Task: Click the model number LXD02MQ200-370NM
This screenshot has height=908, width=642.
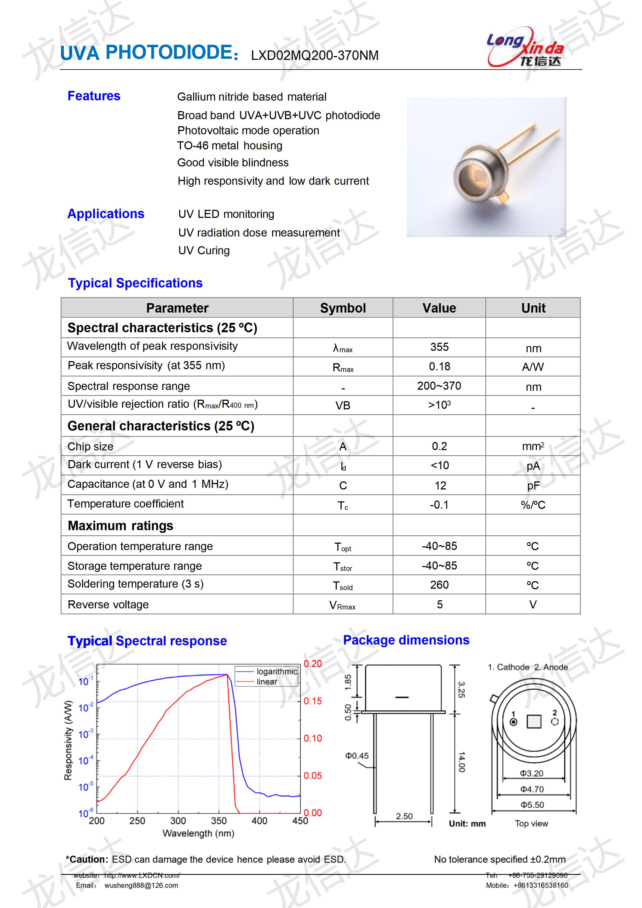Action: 315,55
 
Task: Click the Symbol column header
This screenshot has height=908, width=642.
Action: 343,308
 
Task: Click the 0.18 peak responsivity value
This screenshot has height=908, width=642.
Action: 439,366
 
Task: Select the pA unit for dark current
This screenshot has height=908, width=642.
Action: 533,466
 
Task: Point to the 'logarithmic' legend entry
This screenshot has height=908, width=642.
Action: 276,671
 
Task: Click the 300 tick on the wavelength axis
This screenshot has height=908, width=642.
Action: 178,821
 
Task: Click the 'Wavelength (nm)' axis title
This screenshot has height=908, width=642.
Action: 198,833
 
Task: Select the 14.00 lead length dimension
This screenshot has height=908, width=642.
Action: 461,762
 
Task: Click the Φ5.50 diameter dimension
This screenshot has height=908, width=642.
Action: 532,804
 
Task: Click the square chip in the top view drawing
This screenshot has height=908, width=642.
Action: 534,722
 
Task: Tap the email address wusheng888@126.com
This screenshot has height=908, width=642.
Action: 141,885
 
